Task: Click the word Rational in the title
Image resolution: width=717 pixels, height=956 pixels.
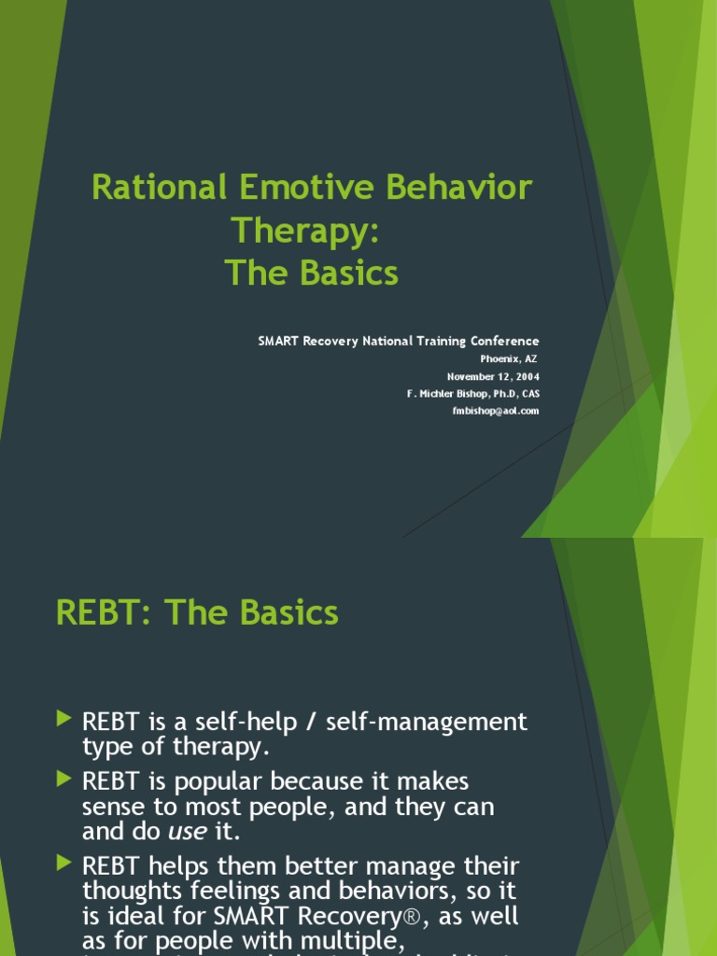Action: click(x=160, y=187)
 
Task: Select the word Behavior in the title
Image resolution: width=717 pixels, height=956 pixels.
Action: click(x=464, y=187)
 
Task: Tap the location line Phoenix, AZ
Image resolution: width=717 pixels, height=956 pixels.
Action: click(x=510, y=358)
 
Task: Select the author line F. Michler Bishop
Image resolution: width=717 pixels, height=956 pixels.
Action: click(x=472, y=394)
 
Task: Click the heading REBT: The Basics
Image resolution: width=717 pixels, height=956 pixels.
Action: click(x=197, y=613)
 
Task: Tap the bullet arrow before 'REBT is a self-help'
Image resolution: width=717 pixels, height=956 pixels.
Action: click(x=63, y=718)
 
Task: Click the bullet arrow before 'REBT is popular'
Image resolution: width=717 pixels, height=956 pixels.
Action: click(x=63, y=777)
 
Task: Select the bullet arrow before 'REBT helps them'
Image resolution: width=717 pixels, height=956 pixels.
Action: click(x=63, y=863)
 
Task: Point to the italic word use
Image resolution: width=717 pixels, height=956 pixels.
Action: click(x=187, y=830)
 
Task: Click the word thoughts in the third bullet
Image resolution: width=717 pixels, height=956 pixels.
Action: click(x=127, y=891)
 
